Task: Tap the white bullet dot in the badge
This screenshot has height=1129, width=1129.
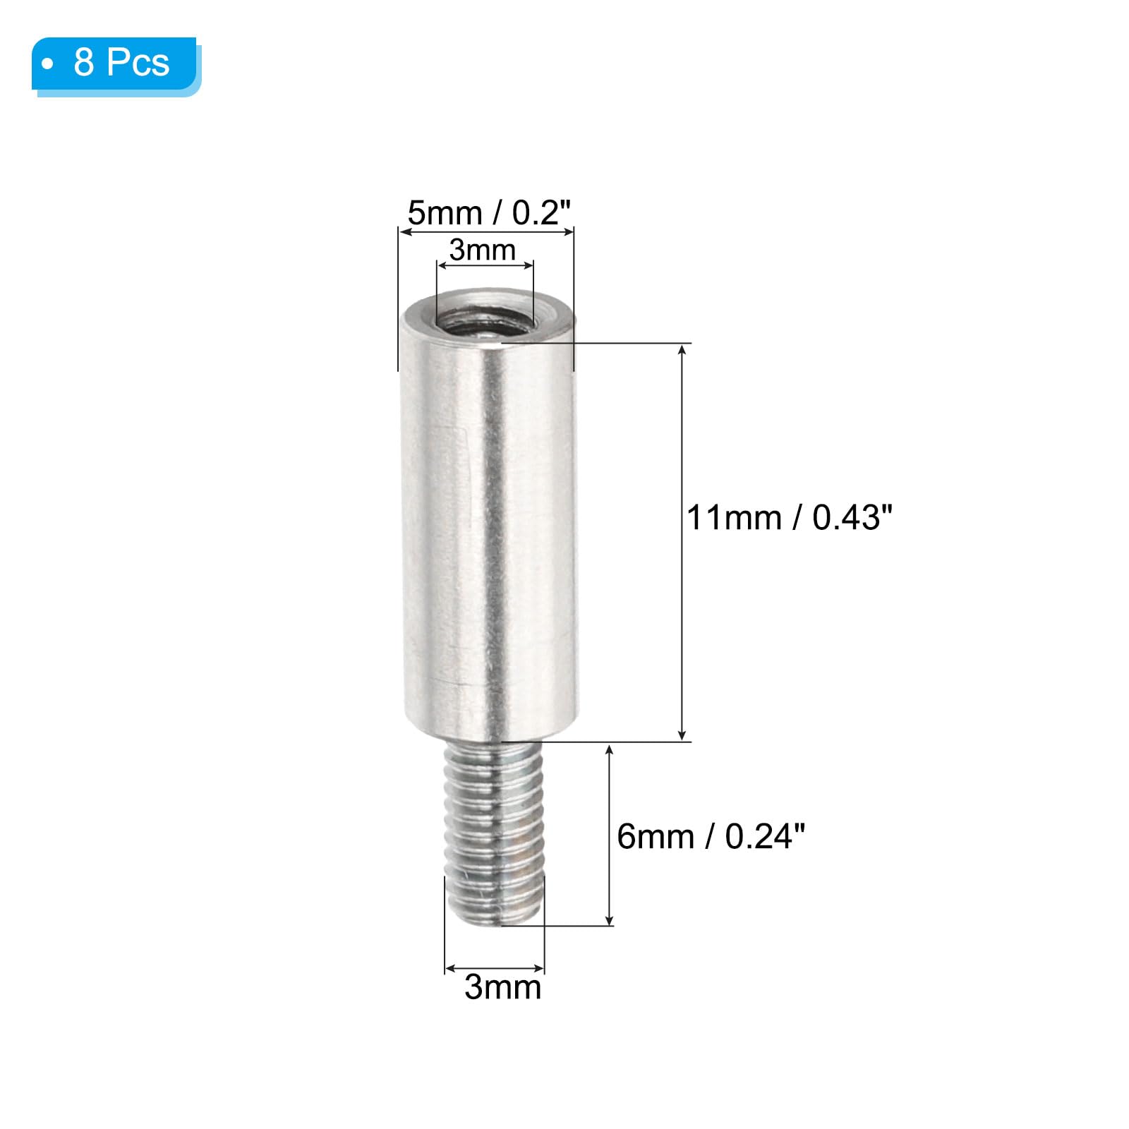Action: tap(48, 64)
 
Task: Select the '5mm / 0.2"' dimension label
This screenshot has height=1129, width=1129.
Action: tap(488, 212)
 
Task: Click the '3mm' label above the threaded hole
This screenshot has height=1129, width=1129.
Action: tap(483, 250)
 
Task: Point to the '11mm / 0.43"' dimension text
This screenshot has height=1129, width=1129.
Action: tap(790, 517)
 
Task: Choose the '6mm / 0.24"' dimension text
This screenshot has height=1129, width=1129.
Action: tap(711, 836)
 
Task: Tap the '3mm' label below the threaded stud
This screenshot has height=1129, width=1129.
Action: tap(502, 986)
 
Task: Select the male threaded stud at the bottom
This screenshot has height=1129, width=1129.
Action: tap(494, 833)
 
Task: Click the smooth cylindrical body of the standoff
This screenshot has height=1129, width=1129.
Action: tap(490, 522)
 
